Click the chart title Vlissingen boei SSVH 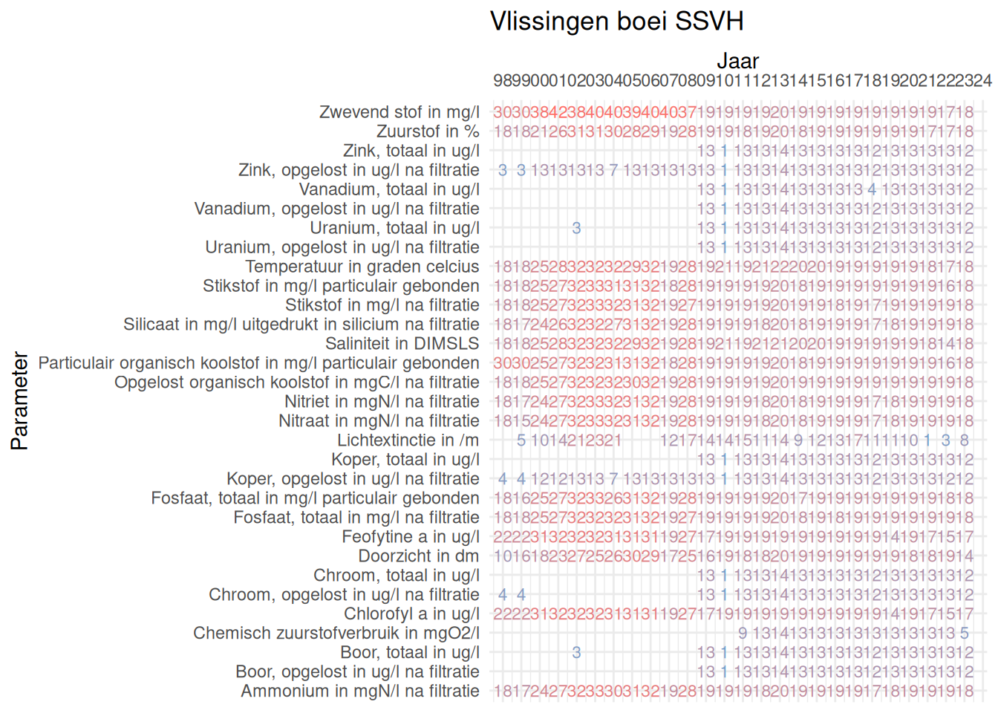point(616,22)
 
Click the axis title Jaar point(737,61)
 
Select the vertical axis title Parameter point(19,401)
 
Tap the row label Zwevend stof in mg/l point(399,112)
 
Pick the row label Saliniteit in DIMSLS point(402,344)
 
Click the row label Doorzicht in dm point(419,556)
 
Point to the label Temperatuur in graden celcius point(362,267)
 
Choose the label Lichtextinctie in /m point(408,440)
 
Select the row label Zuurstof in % point(428,131)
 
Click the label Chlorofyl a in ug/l point(411,614)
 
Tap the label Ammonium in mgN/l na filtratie point(360,691)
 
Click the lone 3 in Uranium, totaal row point(576,228)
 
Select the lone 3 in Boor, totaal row point(576,653)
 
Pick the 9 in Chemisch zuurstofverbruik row point(743,634)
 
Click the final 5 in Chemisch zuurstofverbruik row point(964,634)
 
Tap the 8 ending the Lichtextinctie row point(964,440)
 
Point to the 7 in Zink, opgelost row point(613,170)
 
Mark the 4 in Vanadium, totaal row point(872,189)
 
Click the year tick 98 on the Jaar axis point(503,80)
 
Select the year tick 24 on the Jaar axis point(982,80)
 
